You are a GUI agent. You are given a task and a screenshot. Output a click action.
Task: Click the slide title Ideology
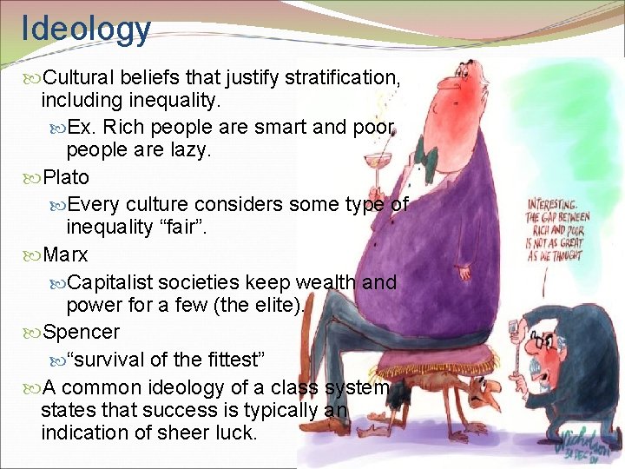coord(86,28)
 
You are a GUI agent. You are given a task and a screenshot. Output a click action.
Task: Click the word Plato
coord(66,177)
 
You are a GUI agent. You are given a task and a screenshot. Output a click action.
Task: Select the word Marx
coord(65,255)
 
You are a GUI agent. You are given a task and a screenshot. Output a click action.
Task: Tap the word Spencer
coord(82,332)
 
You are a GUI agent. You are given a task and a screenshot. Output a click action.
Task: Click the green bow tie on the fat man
coord(425,157)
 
